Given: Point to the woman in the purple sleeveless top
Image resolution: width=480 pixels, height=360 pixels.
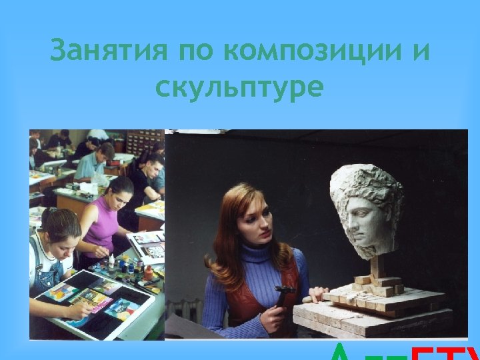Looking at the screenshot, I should (x=107, y=213).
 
